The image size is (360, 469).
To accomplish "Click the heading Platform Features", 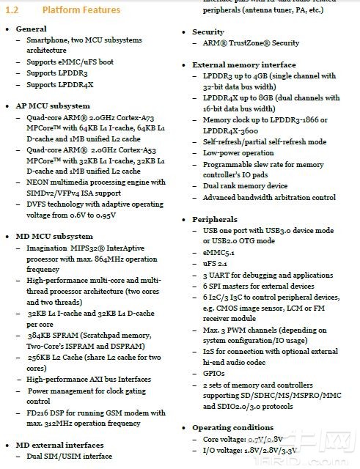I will [x=81, y=10].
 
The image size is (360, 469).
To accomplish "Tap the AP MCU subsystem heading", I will [x=53, y=105].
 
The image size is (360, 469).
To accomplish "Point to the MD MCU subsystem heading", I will [x=54, y=236].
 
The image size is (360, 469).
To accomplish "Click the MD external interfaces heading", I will [x=59, y=445].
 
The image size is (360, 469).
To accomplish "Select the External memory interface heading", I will [x=244, y=64].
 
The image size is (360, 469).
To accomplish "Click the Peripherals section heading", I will [x=215, y=219].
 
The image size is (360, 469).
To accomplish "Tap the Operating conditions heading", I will [x=232, y=427].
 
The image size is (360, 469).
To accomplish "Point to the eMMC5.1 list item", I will [x=219, y=252].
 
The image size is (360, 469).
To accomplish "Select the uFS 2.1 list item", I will [x=216, y=263].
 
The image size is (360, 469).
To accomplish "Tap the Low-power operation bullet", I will [x=238, y=153].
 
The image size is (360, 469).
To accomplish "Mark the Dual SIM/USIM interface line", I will [x=70, y=456].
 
